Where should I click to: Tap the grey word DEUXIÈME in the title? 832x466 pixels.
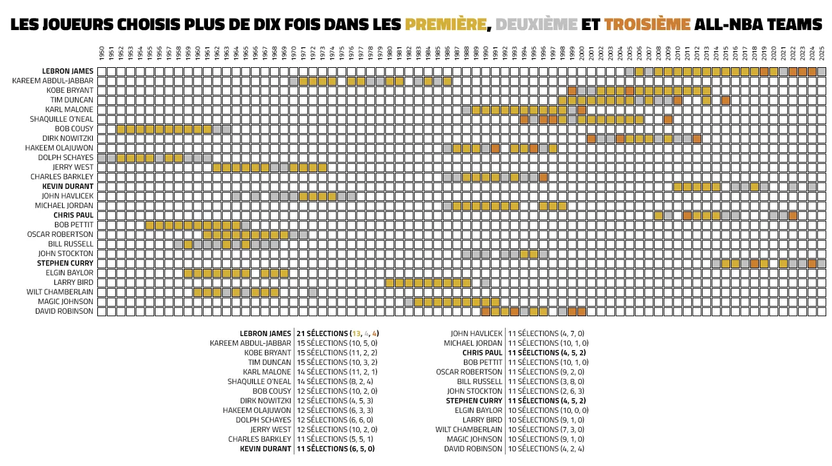[x=536, y=25]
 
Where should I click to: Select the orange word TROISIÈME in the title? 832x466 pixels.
[x=647, y=25]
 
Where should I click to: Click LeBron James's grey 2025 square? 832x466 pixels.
[x=822, y=71]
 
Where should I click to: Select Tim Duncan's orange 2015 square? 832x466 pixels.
[x=726, y=100]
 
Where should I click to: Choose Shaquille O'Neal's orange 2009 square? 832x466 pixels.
[x=668, y=119]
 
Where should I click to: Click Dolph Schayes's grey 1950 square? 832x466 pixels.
[x=101, y=157]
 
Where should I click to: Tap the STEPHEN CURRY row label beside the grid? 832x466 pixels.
[x=65, y=263]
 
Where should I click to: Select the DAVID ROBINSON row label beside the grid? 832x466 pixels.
[x=65, y=311]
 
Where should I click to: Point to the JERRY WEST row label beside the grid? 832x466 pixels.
[x=74, y=167]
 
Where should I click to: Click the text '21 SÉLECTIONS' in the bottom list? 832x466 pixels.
[x=322, y=333]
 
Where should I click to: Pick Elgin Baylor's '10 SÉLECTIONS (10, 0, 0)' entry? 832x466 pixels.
[x=545, y=410]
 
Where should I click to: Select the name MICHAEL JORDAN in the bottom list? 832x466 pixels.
[x=477, y=343]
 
